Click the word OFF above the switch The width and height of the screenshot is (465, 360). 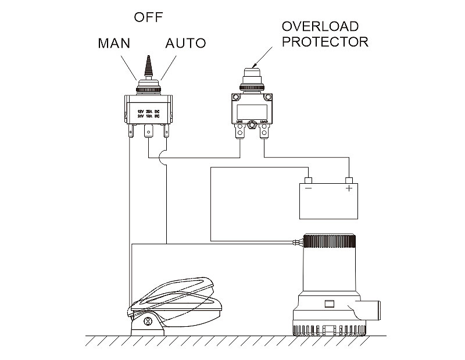[x=148, y=17]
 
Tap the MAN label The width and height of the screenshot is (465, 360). [x=114, y=44]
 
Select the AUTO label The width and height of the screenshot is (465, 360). [x=185, y=44]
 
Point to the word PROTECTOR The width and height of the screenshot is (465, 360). [x=325, y=42]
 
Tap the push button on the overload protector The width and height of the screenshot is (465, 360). [x=252, y=75]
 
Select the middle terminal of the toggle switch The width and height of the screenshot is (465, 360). [x=148, y=132]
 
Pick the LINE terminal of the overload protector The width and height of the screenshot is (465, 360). [x=239, y=133]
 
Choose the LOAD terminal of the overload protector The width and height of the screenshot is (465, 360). [x=264, y=133]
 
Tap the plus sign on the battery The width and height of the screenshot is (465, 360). [x=349, y=189]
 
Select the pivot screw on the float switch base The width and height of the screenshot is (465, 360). [x=148, y=321]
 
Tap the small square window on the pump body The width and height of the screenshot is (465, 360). [x=329, y=303]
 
